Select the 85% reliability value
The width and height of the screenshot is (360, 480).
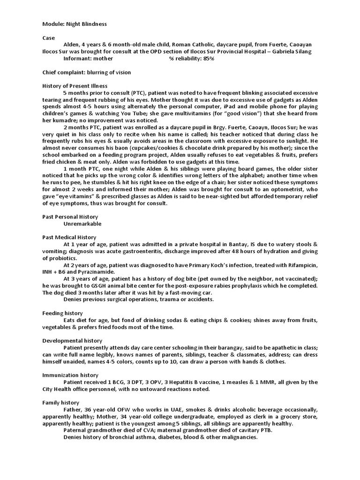[x=209, y=59]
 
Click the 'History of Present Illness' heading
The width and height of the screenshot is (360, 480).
[x=75, y=86]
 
